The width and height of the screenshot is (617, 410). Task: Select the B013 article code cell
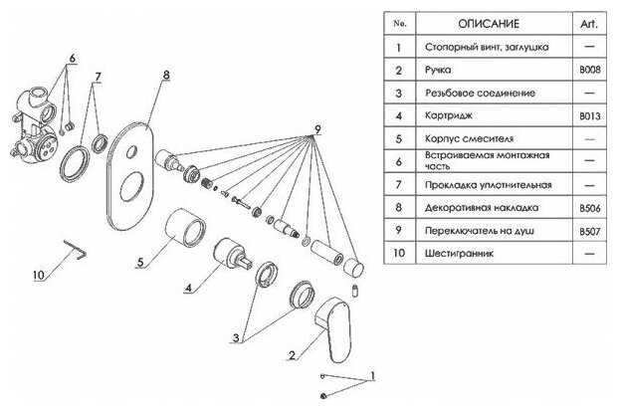pos(590,115)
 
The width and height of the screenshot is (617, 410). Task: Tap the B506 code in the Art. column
pos(590,208)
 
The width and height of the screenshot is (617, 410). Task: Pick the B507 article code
pos(590,231)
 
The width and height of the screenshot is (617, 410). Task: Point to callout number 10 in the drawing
pos(38,276)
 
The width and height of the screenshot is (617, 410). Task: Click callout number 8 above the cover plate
pos(166,75)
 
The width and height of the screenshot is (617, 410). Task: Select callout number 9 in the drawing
pos(316,129)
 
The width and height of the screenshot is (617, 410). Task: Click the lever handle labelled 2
pos(328,328)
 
